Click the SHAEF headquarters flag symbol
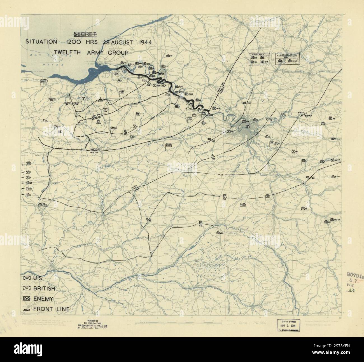click(44, 81)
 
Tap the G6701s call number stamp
click(355, 275)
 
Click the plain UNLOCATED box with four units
click(258, 59)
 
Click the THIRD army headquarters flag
click(242, 206)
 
